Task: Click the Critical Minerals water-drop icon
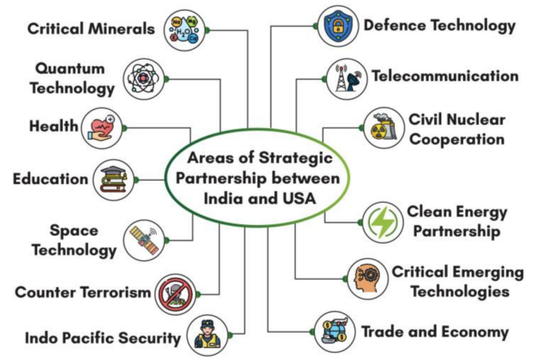pos(185,30)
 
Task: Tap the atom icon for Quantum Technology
pos(143,79)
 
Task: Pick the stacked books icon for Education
pos(114,179)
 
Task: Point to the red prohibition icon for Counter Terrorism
pos(175,294)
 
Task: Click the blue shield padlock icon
pos(338,26)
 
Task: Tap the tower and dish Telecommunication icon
pos(347,78)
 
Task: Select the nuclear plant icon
pos(384,127)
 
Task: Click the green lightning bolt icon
pos(383,222)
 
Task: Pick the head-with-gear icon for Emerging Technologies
pos(367,278)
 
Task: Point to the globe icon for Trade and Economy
pos(334,331)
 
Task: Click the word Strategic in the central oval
pos(295,158)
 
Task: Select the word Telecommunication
pos(445,76)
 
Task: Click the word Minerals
pos(121,29)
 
